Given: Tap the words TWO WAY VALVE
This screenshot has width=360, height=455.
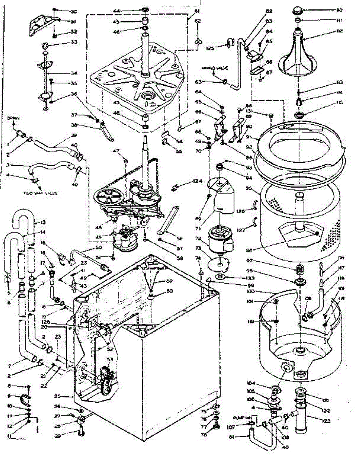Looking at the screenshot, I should click(x=41, y=193).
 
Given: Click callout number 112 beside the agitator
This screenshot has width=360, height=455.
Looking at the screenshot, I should click(x=329, y=31).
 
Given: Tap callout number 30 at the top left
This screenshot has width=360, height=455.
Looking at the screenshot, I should click(x=73, y=11).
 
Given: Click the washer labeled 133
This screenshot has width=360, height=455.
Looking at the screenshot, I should click(x=220, y=278).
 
